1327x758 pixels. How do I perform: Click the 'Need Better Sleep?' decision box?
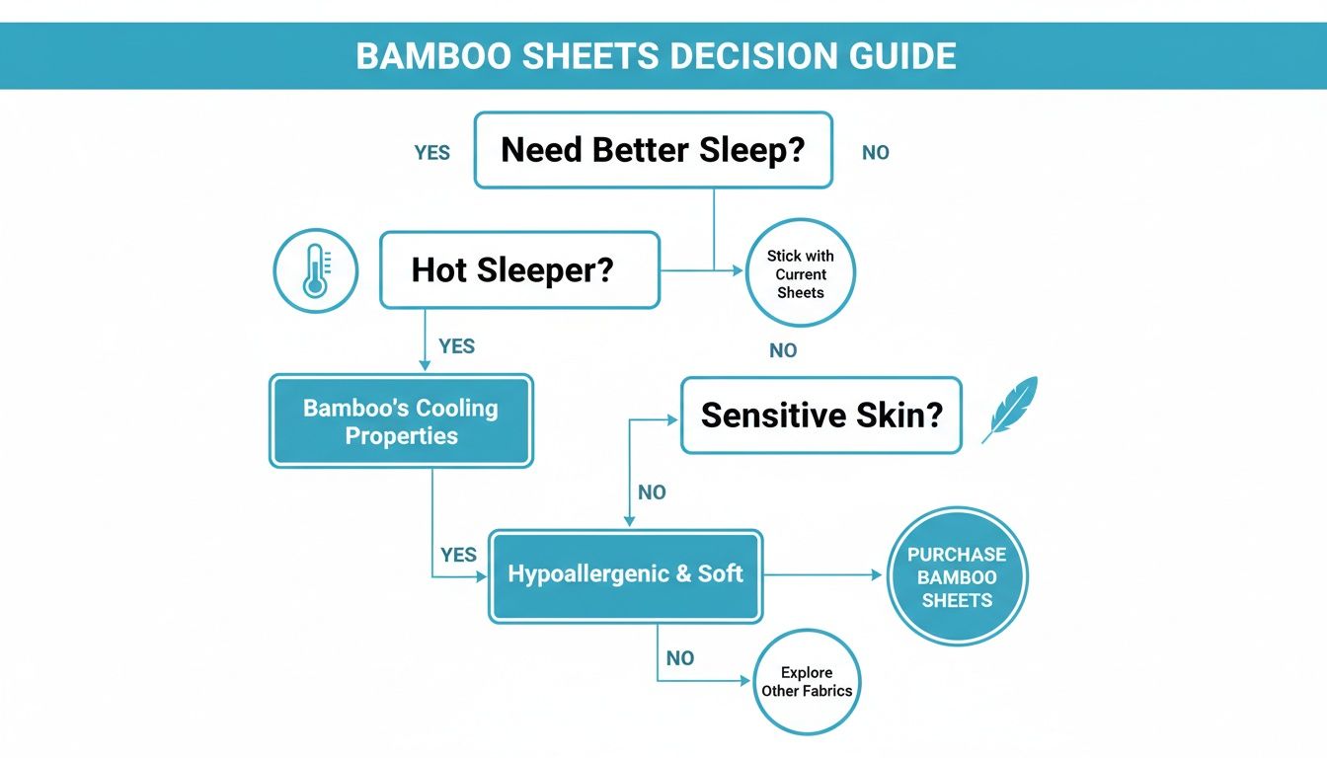click(653, 150)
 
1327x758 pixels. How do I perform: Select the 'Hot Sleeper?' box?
click(519, 270)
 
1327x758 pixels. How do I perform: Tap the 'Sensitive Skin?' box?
click(820, 415)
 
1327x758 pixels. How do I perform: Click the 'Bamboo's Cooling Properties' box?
click(401, 421)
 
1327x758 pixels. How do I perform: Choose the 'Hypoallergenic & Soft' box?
click(625, 574)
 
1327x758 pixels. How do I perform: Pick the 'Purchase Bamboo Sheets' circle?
click(957, 577)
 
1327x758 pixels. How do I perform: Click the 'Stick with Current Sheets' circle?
click(800, 273)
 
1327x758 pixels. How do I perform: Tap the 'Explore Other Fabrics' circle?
click(806, 682)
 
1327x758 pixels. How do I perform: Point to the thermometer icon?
click(315, 272)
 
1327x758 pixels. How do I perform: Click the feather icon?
click(1011, 408)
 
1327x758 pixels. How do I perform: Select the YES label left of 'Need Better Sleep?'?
click(432, 153)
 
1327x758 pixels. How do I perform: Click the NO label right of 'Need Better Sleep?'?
click(875, 153)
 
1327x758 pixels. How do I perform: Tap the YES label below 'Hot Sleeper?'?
click(456, 346)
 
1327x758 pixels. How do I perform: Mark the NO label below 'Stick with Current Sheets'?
click(783, 350)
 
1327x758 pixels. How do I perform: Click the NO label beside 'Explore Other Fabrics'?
click(680, 658)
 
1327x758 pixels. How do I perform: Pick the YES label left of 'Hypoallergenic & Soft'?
click(458, 555)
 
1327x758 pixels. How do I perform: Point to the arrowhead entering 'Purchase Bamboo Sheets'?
click(876, 574)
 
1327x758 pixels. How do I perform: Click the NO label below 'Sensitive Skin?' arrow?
click(652, 493)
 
